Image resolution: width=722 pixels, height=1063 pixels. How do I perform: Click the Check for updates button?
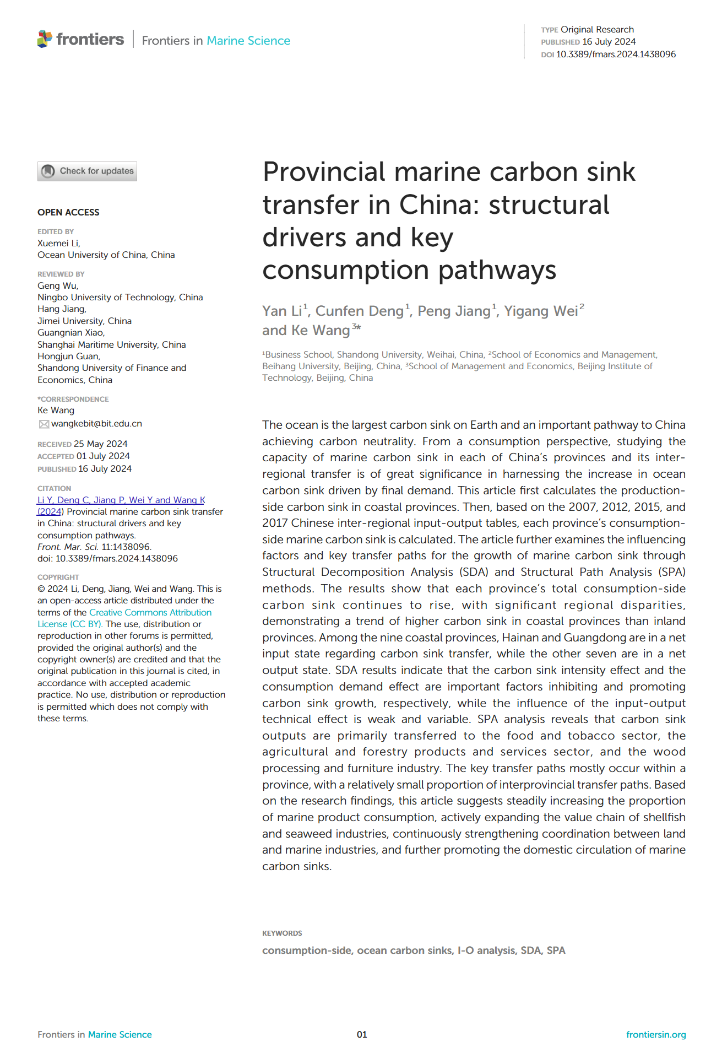87,171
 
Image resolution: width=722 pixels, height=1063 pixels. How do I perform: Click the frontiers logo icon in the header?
45,39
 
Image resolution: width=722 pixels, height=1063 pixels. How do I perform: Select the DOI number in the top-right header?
616,55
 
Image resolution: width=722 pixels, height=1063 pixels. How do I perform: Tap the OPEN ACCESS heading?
68,213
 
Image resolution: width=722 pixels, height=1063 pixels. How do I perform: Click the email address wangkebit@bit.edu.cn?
96,424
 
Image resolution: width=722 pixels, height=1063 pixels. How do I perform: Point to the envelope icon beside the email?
44,424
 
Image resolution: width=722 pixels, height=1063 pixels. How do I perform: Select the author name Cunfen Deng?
359,311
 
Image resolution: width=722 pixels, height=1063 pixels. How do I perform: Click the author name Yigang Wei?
540,311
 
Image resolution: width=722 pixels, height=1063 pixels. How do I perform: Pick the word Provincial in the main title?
323,172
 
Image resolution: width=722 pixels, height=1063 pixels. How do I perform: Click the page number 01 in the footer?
362,1035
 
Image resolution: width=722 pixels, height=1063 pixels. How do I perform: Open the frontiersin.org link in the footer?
656,1035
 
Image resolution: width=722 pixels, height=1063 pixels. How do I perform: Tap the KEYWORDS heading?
282,934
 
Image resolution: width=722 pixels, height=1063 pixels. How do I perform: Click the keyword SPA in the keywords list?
556,951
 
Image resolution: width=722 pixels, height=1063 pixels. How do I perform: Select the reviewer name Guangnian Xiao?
70,333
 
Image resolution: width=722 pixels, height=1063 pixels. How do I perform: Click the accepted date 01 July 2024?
103,456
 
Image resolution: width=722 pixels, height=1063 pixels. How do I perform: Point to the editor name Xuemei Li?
58,244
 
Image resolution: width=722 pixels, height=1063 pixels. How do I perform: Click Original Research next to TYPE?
597,30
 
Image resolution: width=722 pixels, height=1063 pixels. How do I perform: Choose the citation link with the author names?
121,500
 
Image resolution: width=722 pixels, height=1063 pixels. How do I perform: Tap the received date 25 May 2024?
101,444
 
